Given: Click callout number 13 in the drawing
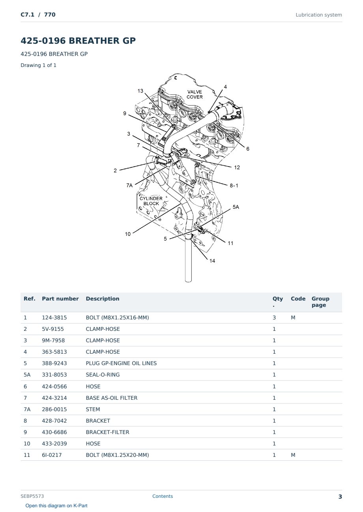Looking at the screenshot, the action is (140, 91).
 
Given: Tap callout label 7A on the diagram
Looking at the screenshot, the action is (129, 186).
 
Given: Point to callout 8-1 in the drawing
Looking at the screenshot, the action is (234, 186).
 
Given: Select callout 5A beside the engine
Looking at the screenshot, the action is (236, 207).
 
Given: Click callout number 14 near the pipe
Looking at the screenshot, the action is (212, 261).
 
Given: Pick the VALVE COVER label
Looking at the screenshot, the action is (195, 95).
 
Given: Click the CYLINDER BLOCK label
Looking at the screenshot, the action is (151, 201).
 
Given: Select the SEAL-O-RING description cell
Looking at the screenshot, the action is (103, 375).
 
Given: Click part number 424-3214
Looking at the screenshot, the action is (54, 398).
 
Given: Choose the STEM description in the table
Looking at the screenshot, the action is (93, 409).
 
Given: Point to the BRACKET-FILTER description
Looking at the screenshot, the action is (107, 432).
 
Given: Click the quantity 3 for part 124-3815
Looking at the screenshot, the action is (274, 317).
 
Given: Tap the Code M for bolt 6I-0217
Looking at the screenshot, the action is (293, 455).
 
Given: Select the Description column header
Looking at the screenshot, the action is (102, 299).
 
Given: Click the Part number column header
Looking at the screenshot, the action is (60, 299).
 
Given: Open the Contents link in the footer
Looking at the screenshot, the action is (163, 496).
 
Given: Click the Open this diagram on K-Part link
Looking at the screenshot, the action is (56, 506).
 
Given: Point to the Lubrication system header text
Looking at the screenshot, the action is (319, 15).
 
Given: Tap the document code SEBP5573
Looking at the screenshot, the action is (32, 496).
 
